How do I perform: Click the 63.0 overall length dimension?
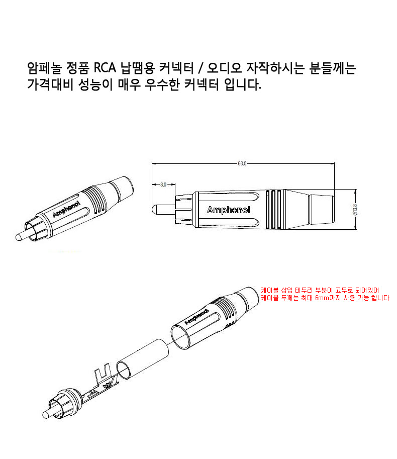pyautogui.click(x=242, y=163)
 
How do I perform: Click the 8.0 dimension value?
pyautogui.click(x=163, y=185)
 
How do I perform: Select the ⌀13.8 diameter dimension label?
pyautogui.click(x=355, y=210)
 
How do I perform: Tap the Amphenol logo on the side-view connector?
pyautogui.click(x=228, y=210)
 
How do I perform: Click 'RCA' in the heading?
pyautogui.click(x=105, y=68)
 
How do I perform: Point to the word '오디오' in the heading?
pyautogui.click(x=225, y=68)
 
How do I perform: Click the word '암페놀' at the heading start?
pyautogui.click(x=44, y=68)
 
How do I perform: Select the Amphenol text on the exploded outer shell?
pyautogui.click(x=196, y=317)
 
